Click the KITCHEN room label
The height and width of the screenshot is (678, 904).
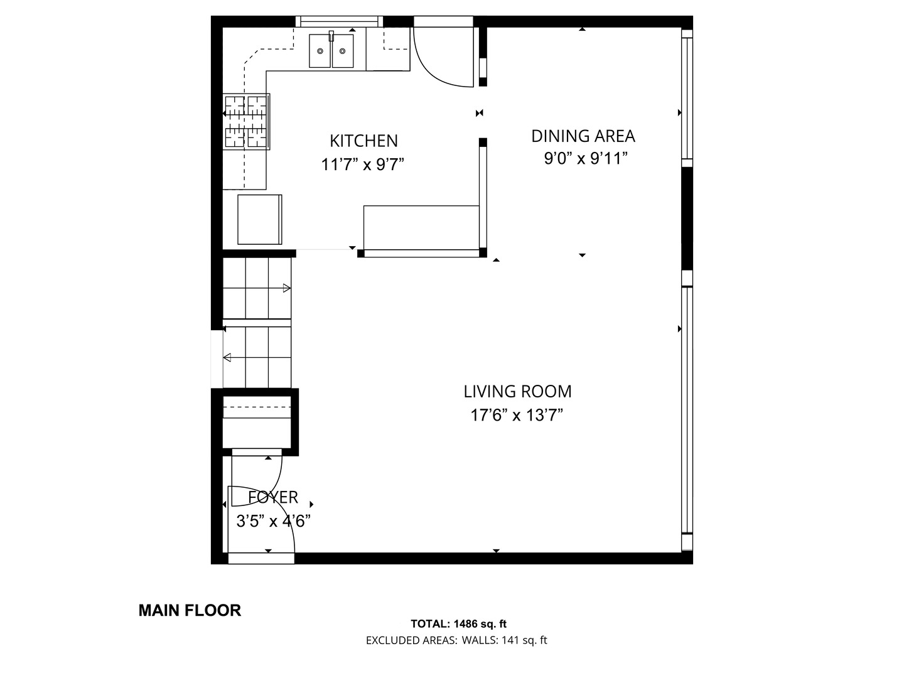(363, 141)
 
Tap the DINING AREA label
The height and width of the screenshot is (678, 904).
(583, 136)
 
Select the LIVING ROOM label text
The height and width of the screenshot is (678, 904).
(518, 392)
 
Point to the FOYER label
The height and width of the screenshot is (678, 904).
(273, 497)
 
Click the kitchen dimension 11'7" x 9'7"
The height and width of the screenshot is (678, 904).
(362, 164)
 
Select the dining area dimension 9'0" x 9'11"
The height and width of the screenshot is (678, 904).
(586, 158)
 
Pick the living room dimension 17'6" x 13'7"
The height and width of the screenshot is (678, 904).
(517, 415)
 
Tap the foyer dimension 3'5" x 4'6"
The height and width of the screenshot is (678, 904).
(273, 521)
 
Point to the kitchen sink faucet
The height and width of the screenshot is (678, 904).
(331, 36)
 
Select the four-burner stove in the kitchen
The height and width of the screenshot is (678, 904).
(246, 121)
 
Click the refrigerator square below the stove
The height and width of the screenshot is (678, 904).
(259, 220)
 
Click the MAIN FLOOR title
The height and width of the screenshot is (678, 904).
(190, 610)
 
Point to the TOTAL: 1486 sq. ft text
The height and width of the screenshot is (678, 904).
(458, 624)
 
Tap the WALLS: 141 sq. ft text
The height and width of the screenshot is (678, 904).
(504, 640)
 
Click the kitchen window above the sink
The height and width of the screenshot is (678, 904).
(340, 21)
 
